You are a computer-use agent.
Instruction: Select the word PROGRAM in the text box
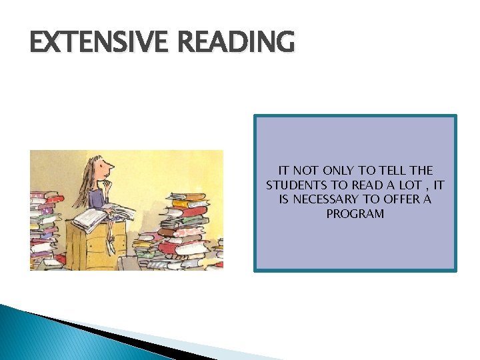click(x=355, y=214)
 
